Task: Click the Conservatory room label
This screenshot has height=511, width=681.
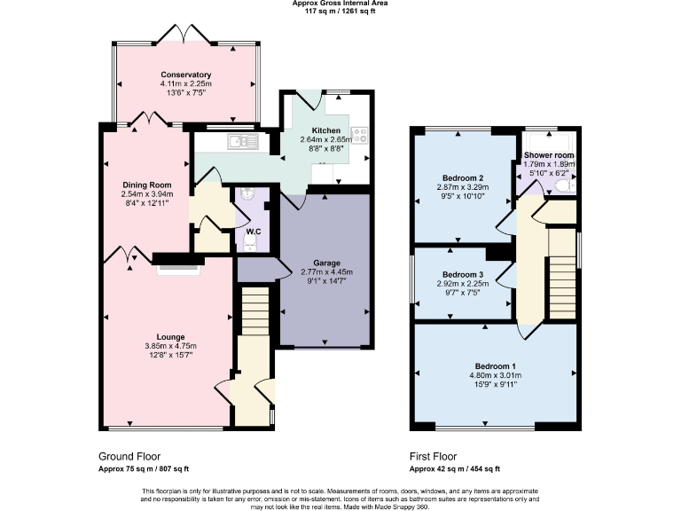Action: (x=185, y=75)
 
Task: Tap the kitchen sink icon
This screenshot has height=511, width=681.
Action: (x=241, y=140)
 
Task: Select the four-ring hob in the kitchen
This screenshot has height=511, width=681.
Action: (x=361, y=136)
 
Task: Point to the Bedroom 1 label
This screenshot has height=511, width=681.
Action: (x=495, y=366)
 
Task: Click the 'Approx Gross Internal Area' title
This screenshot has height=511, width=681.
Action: (x=340, y=4)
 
